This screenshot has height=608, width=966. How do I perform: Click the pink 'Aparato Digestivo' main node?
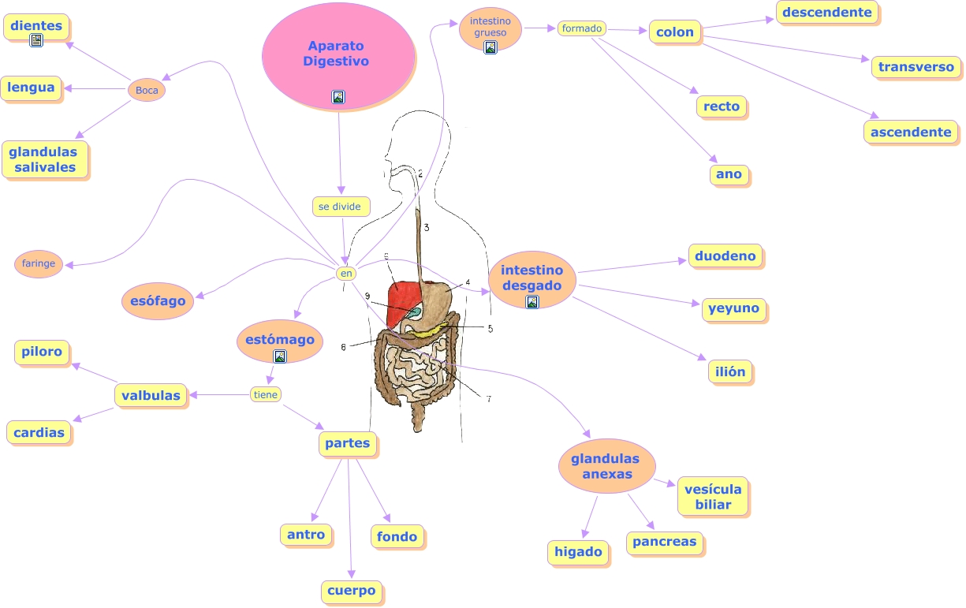click(x=338, y=56)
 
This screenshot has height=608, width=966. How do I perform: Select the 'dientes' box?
click(x=36, y=26)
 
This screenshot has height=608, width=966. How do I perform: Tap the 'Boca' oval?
click(x=147, y=90)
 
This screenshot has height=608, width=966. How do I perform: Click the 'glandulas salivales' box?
click(x=45, y=159)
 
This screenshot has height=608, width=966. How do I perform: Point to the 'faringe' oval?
click(x=39, y=263)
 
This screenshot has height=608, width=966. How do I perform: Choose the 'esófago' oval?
click(x=158, y=300)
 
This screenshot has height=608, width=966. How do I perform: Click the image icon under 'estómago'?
click(x=279, y=356)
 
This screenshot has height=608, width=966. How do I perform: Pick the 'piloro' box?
click(x=42, y=352)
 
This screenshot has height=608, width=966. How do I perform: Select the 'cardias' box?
click(x=39, y=432)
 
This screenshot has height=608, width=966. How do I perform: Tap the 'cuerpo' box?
click(x=352, y=591)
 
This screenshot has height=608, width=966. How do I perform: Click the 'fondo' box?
click(x=397, y=536)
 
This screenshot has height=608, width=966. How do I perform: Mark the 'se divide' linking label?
click(x=340, y=207)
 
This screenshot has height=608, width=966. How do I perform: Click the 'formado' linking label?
click(x=582, y=28)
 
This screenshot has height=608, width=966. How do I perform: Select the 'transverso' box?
click(x=916, y=67)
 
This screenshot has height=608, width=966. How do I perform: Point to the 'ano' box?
click(x=729, y=174)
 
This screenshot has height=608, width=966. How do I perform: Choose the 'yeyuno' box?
click(x=733, y=308)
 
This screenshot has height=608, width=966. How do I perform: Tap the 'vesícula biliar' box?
click(x=713, y=497)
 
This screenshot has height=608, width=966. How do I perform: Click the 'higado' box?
click(x=578, y=552)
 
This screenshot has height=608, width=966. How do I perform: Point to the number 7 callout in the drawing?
click(x=489, y=399)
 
